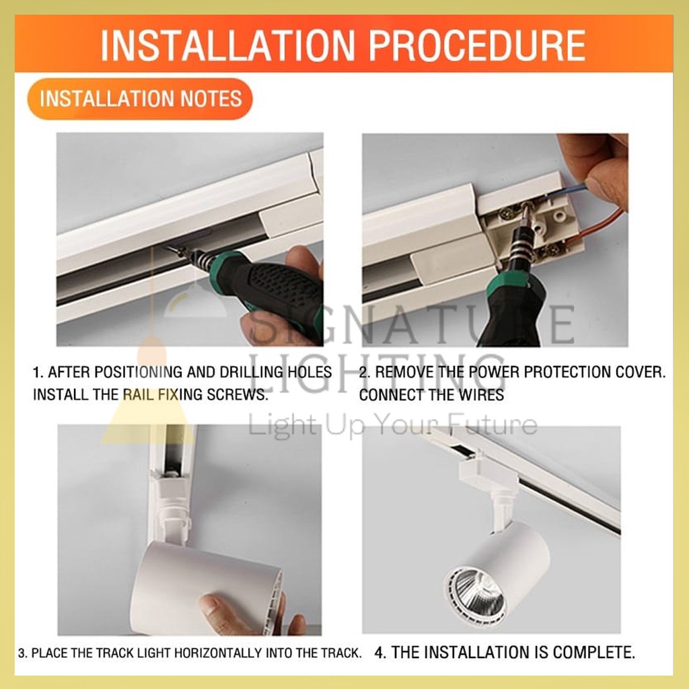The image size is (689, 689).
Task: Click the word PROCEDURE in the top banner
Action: point(477,44)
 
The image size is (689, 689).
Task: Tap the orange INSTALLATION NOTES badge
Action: point(140,98)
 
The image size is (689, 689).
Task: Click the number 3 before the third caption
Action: point(22,653)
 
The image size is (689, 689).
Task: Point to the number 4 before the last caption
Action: point(379,653)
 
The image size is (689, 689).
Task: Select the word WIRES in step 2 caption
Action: point(481,394)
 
